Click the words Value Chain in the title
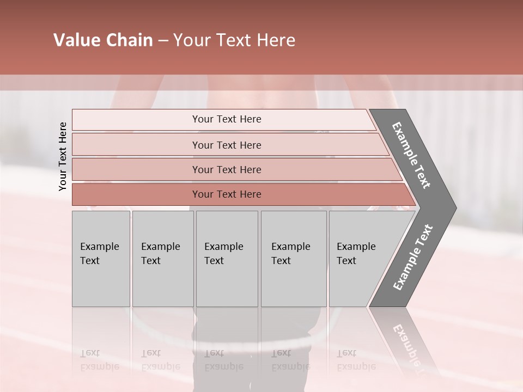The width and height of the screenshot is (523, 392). coord(103,40)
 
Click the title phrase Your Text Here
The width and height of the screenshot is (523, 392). coord(234,40)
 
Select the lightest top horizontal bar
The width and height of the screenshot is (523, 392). coord(136,120)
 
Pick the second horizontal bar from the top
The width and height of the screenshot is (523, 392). coord(136,145)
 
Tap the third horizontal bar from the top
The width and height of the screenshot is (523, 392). coord(136,169)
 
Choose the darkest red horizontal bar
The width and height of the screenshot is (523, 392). coord(136,194)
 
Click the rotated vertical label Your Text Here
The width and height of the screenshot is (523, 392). coord(63,156)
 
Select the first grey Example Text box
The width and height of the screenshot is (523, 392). coord(101,259)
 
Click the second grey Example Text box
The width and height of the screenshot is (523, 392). coord(162,259)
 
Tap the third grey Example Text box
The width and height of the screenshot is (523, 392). coord(227,259)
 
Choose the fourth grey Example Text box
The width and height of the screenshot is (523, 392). coord(294,259)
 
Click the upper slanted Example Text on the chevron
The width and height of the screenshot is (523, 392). coord(411,155)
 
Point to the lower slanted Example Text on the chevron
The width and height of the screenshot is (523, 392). coord(412,258)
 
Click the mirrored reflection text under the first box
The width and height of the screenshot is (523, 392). coord(100,360)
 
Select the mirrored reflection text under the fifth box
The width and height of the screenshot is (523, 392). coord(356,360)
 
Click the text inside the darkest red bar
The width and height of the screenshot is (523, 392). coord(227,194)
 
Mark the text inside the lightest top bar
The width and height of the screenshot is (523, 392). coord(227,119)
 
